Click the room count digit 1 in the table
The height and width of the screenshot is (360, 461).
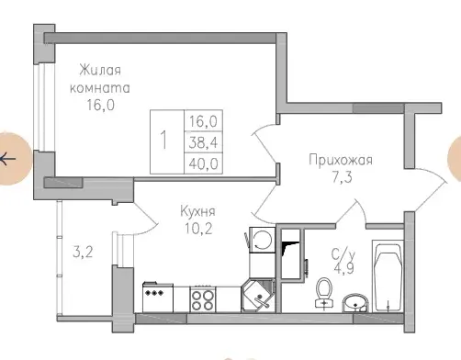coord(163,141)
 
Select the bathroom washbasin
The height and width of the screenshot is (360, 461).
coord(356,300)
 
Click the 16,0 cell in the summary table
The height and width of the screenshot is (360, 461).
coord(198,120)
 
